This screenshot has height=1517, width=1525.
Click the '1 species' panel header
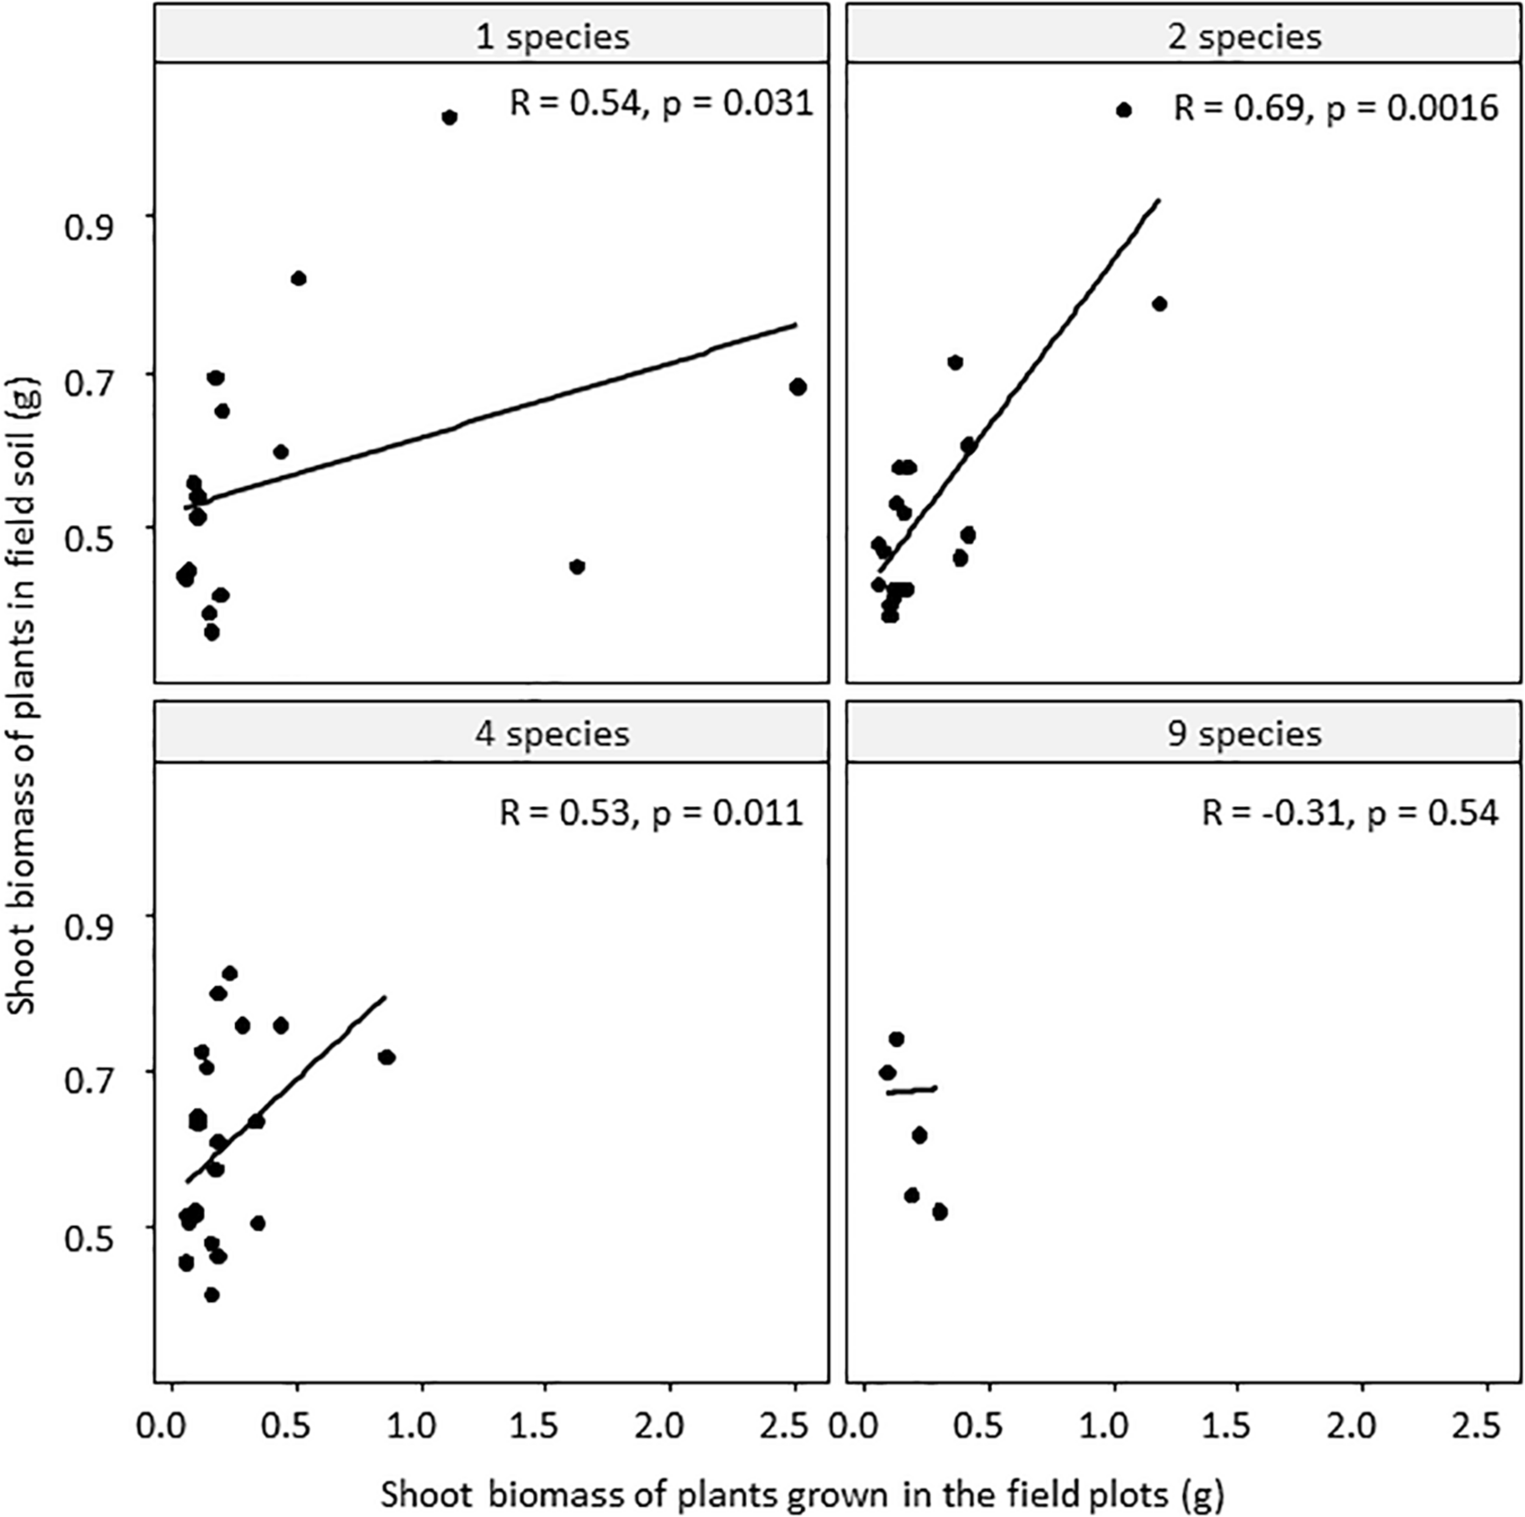tap(491, 37)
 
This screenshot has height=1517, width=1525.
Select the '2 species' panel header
tap(1184, 37)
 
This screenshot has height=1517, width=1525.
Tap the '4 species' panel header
tap(491, 734)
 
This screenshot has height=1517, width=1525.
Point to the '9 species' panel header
tap(1184, 734)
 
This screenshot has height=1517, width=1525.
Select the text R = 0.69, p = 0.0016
tap(1335, 108)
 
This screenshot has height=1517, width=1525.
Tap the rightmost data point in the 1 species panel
tap(798, 387)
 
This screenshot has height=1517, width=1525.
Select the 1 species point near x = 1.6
tap(577, 567)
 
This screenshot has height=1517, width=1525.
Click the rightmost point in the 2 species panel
tap(1160, 304)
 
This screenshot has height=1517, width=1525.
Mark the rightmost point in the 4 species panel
tap(386, 1058)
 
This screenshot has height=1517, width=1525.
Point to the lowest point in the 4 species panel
tap(212, 1295)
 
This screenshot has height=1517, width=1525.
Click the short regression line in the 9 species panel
tap(911, 1091)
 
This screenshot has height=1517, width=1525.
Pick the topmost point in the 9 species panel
tap(896, 1039)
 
